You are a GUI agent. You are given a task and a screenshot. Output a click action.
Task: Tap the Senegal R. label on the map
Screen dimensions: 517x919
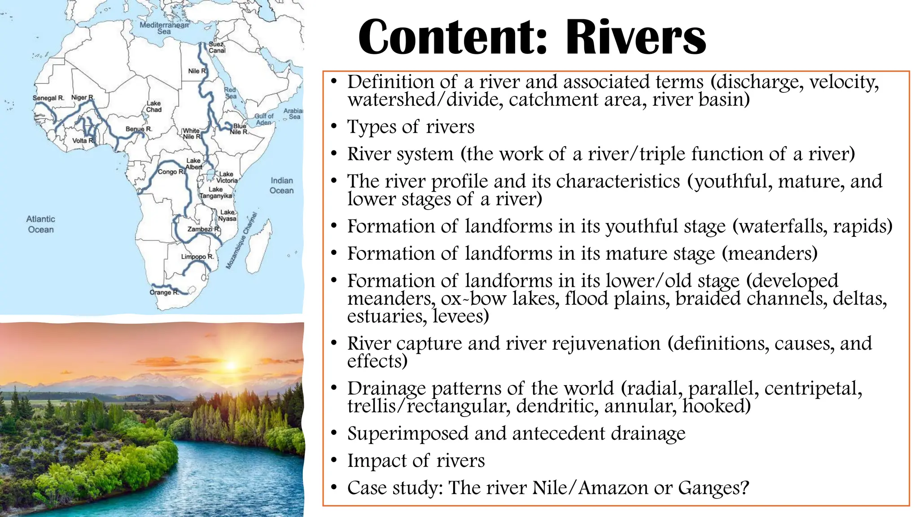(48, 98)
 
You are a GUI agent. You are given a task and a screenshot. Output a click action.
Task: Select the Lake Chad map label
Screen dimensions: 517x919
(153, 106)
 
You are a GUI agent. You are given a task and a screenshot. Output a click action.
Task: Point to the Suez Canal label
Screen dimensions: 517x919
(217, 48)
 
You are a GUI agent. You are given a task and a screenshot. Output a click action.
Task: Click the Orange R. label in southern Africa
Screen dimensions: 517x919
(164, 292)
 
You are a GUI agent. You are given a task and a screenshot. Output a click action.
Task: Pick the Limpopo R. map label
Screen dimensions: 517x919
(197, 257)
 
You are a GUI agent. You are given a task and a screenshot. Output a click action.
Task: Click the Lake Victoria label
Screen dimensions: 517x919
(227, 177)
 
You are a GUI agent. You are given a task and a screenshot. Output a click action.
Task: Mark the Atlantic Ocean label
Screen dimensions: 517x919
(40, 224)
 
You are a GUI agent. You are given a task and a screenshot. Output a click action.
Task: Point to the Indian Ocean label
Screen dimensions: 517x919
(281, 185)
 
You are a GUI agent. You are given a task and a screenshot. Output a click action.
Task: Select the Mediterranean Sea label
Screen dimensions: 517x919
(164, 28)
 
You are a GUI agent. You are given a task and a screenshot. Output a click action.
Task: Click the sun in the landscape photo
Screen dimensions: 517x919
(232, 365)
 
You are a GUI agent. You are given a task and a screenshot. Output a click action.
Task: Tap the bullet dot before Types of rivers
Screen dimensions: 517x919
(334, 127)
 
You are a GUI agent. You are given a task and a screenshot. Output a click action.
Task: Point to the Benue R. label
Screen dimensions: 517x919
(139, 129)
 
